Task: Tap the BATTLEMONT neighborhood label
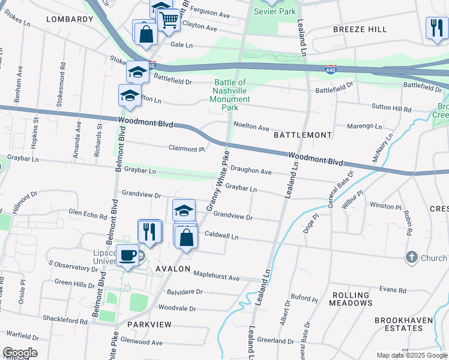[303, 136]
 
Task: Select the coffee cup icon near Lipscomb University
[127, 255]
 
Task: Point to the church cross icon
[411, 257]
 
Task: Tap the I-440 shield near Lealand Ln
[330, 70]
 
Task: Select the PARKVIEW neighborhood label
[149, 324]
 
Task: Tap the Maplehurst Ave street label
[216, 277]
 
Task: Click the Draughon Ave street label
[252, 171]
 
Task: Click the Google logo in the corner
[20, 353]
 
